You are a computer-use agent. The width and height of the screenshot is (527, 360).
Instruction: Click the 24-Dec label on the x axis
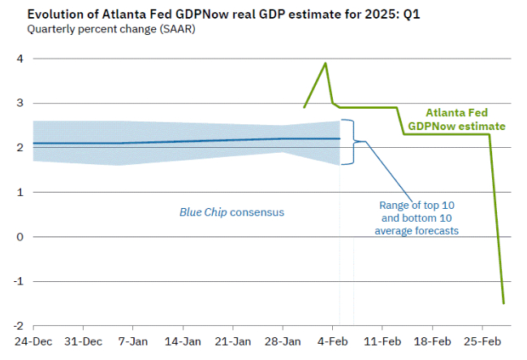click(32, 340)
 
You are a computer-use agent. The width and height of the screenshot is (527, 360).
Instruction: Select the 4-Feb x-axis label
click(332, 340)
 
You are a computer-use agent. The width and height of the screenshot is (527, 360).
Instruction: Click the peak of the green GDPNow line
click(326, 63)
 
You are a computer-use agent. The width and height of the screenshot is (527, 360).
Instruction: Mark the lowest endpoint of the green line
click(503, 303)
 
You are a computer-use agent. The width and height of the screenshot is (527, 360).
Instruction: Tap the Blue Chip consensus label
click(232, 212)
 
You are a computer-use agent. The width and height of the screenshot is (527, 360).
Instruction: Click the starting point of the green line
click(304, 107)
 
